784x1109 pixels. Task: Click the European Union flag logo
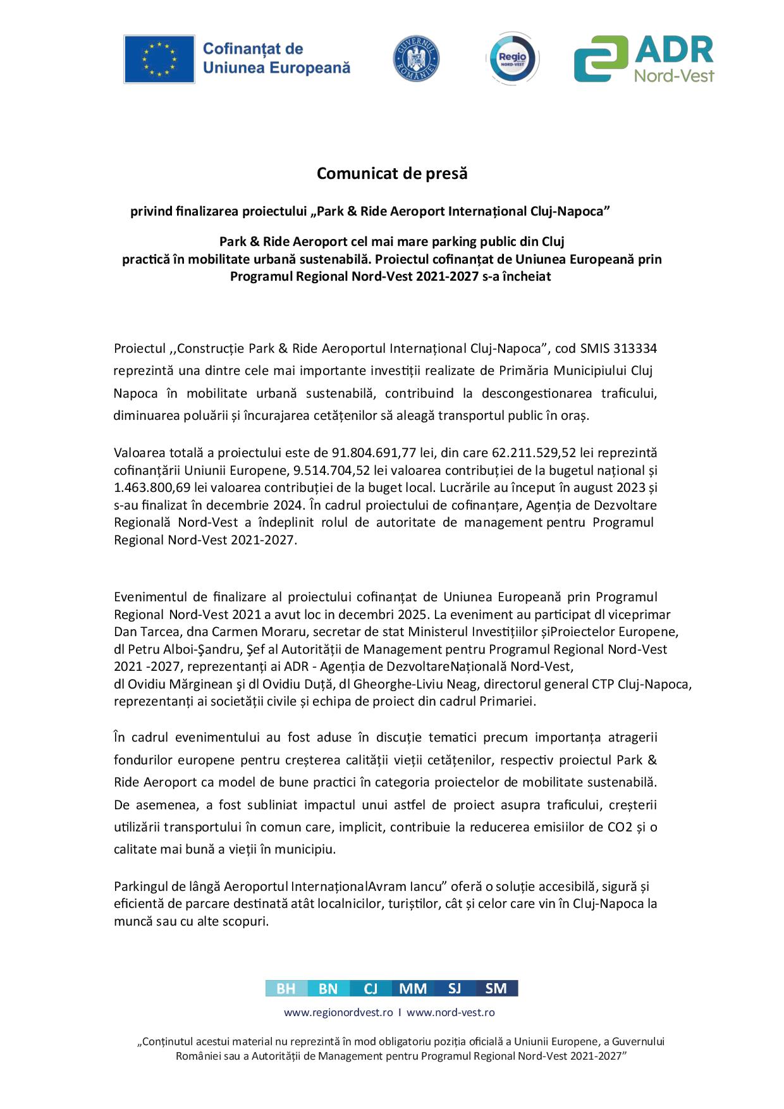[x=159, y=59]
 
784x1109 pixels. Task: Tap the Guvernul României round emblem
[x=416, y=59]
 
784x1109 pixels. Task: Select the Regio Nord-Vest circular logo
[x=512, y=59]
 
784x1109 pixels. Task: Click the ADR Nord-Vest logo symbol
[x=601, y=59]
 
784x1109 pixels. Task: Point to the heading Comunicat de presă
[x=392, y=173]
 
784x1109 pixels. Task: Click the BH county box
[x=286, y=988]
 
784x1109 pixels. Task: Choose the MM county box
[x=413, y=988]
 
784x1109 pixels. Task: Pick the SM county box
[x=496, y=988]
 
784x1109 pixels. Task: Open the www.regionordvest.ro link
[x=338, y=1012]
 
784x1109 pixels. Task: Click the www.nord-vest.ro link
[x=450, y=1012]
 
